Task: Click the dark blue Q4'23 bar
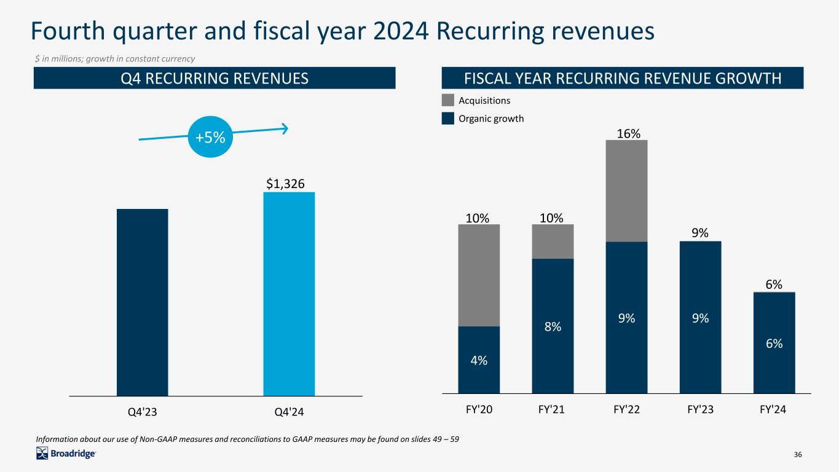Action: pos(142,302)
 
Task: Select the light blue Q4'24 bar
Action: pos(289,294)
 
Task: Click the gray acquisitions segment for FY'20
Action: pos(479,275)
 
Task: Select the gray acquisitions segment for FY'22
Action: pos(626,191)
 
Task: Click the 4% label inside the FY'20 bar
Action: pos(479,361)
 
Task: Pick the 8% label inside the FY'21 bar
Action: pos(553,328)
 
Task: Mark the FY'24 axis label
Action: pos(774,408)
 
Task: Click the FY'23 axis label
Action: pos(700,408)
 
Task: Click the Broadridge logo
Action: pos(66,454)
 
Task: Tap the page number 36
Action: pos(798,454)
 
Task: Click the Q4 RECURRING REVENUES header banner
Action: pos(213,78)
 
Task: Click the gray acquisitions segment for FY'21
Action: pos(553,241)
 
